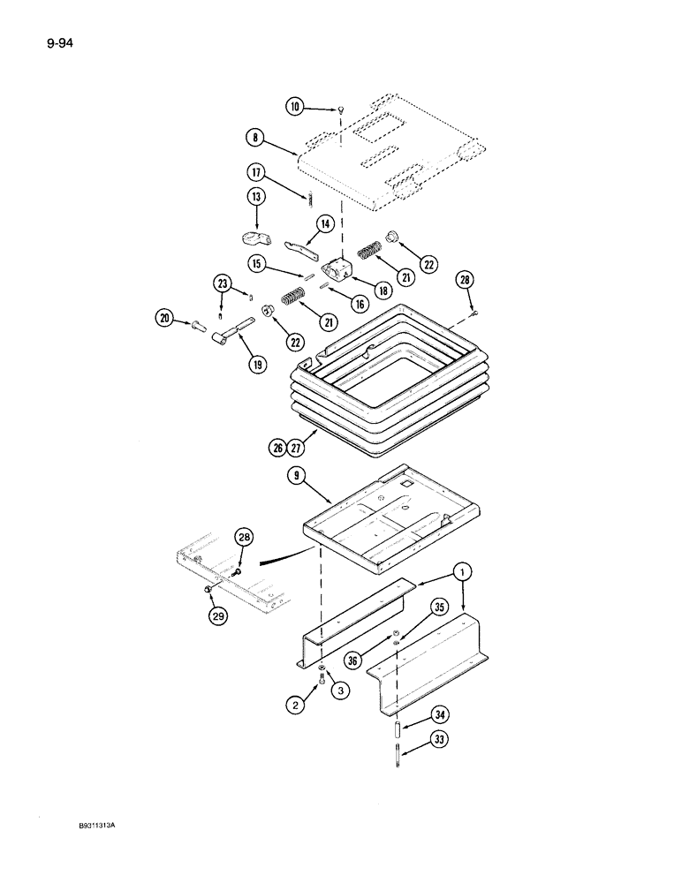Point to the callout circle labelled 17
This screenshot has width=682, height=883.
256,173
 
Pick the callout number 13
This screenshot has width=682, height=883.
256,196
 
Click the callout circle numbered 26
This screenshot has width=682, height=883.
277,449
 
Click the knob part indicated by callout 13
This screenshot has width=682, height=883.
254,237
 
